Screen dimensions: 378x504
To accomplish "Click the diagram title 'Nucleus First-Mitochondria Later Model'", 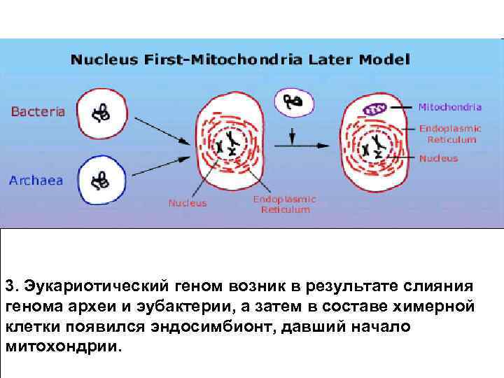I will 240,59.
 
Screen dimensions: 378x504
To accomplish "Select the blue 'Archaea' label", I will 36,181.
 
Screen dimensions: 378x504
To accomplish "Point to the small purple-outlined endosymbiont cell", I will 293,101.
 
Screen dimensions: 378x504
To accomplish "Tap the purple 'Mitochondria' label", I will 449,108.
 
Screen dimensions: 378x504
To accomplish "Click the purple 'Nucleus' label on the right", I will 439,158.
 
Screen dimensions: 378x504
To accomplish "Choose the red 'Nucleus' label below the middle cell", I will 188,204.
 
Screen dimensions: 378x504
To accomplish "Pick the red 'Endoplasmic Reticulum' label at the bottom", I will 284,204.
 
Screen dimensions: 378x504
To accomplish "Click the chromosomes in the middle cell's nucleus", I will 228,143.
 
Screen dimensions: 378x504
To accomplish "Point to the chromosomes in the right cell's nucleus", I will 374,145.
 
